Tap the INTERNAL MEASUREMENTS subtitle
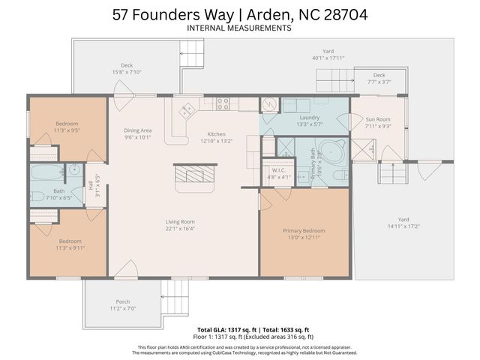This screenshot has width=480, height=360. click(239, 28)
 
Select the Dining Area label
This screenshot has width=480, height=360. click(138, 130)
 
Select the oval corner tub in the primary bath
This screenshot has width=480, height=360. click(330, 149)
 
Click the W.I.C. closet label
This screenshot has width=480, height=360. click(278, 170)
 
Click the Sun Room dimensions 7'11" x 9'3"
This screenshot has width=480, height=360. click(377, 126)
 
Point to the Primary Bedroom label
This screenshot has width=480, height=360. click(304, 230)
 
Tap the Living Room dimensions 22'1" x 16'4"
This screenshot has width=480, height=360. click(180, 229)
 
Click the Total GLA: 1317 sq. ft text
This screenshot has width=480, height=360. click(226, 330)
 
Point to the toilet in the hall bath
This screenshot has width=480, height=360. click(37, 196)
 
